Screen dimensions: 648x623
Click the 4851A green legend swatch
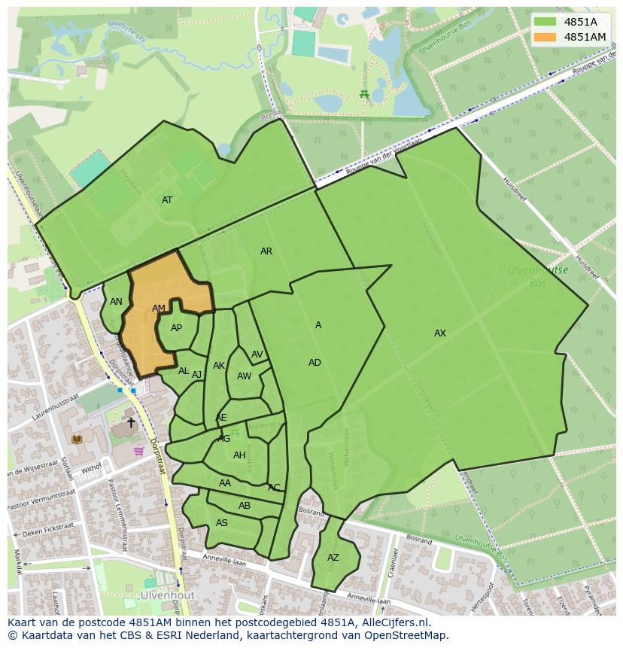click(x=546, y=22)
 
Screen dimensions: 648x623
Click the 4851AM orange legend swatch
click(x=546, y=37)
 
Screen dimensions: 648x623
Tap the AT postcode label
click(x=167, y=200)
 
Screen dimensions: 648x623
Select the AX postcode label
click(x=440, y=333)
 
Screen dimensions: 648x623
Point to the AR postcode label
click(x=266, y=251)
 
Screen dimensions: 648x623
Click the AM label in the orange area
click(x=158, y=309)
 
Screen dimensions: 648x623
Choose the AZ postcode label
click(x=333, y=558)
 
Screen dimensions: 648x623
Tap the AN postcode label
click(x=116, y=302)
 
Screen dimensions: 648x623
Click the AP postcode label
click(x=176, y=328)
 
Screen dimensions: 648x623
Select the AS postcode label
click(x=222, y=523)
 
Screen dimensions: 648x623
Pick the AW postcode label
click(x=244, y=376)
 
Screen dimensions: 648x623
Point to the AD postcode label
click(x=315, y=363)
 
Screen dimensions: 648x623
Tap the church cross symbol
click(x=131, y=423)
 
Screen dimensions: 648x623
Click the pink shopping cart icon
click(x=138, y=451)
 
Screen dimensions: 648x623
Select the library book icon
click(x=76, y=439)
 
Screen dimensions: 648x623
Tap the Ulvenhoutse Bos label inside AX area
click(x=538, y=276)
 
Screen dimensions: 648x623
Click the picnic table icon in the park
click(x=364, y=94)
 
